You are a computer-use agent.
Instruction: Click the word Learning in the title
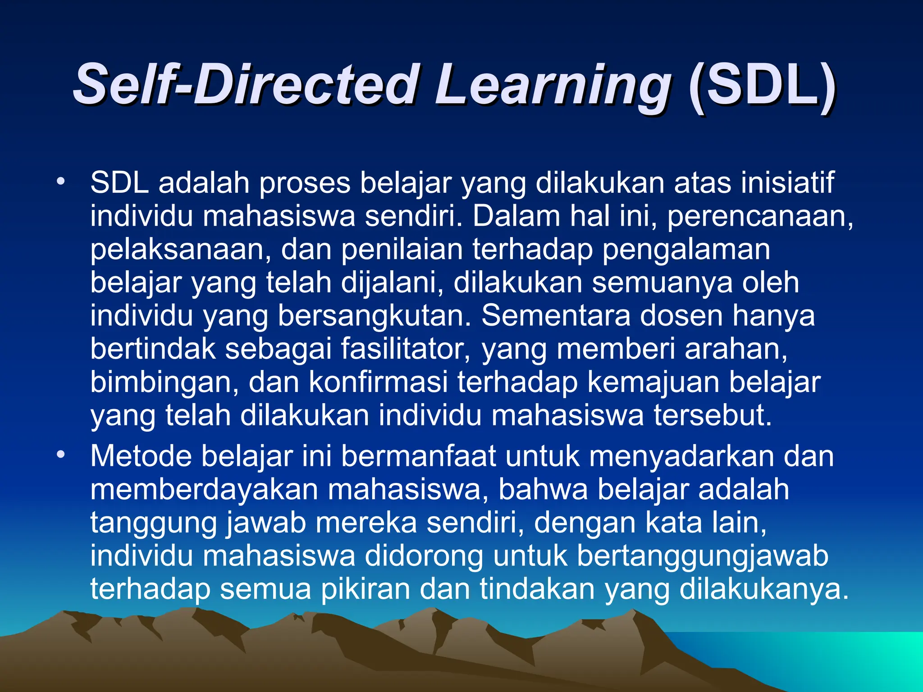[553, 86]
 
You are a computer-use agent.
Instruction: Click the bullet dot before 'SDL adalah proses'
[61, 182]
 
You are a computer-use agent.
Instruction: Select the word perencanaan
[760, 217]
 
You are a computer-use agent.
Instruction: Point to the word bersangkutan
[374, 316]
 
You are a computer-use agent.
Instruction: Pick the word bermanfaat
[418, 456]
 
